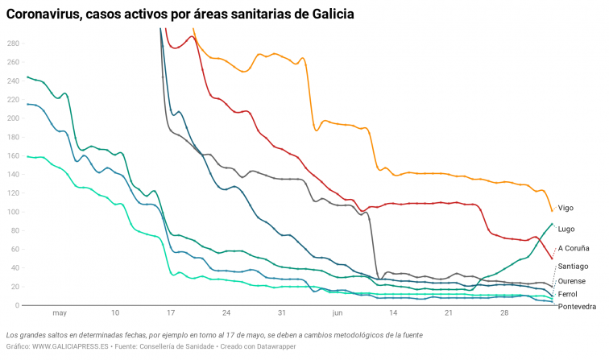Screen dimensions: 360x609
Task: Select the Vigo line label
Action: tap(566, 208)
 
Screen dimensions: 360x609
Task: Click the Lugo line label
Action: tap(567, 229)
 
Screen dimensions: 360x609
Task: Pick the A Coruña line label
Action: tap(574, 248)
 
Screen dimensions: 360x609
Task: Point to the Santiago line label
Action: tap(574, 266)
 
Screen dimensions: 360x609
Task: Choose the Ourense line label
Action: tap(572, 281)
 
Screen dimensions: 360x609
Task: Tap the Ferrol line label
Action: tap(569, 294)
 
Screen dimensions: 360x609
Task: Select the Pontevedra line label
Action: tap(578, 307)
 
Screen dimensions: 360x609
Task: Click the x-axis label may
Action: tap(59, 312)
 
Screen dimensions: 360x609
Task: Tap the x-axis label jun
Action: tap(337, 312)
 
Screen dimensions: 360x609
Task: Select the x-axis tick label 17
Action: tap(171, 312)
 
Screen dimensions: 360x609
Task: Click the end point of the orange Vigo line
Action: tap(552, 211)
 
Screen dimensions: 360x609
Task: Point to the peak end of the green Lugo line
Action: tap(552, 224)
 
